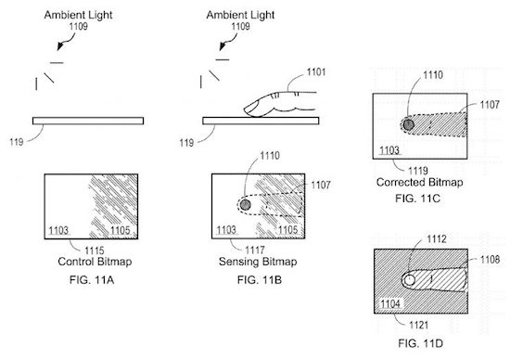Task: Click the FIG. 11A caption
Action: click(92, 279)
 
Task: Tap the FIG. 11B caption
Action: click(260, 279)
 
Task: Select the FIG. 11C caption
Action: click(417, 199)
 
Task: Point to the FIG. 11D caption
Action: click(420, 343)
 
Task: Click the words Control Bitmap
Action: click(95, 262)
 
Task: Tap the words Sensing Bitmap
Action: click(258, 262)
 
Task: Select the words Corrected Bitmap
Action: click(419, 182)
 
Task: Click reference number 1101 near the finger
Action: click(316, 72)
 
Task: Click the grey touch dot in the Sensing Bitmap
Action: click(245, 205)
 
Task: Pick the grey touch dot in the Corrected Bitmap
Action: click(408, 124)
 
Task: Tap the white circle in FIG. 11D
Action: click(409, 280)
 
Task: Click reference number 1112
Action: click(437, 239)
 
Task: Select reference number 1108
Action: click(490, 260)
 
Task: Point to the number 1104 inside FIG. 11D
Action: click(390, 304)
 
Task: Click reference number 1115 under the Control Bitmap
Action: click(95, 251)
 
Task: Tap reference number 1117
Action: click(255, 250)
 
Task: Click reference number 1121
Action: click(418, 325)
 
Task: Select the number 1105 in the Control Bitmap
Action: click(120, 230)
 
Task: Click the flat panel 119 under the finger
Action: click(261, 121)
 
